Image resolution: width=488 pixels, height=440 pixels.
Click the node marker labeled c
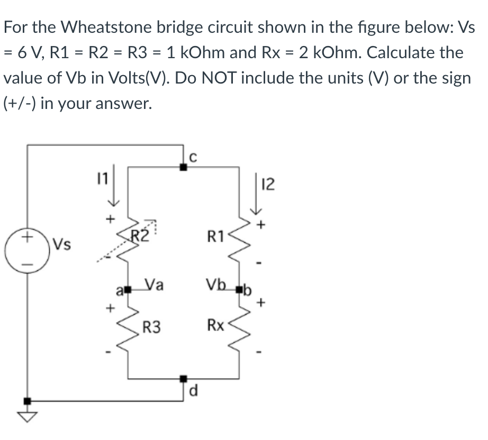[183, 167]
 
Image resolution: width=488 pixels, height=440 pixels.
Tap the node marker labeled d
[183, 379]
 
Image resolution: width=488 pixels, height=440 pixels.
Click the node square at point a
[127, 290]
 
